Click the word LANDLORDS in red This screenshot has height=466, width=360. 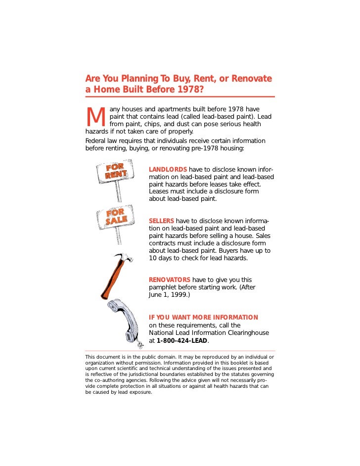pyautogui.click(x=168, y=170)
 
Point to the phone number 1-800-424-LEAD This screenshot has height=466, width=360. pyautogui.click(x=182, y=341)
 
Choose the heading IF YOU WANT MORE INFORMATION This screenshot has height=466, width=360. pyautogui.click(x=203, y=317)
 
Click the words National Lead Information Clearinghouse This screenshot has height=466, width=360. pyautogui.click(x=209, y=333)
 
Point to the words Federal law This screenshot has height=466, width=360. pyautogui.click(x=101, y=141)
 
